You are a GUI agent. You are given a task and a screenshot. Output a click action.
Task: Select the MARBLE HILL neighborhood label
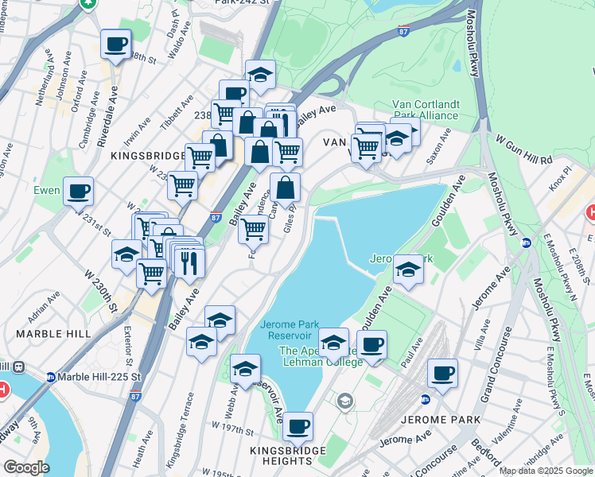pyautogui.click(x=53, y=334)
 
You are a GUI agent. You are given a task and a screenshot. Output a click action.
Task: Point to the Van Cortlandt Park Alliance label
pyautogui.click(x=425, y=110)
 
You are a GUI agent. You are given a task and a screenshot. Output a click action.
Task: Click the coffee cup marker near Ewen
pyautogui.click(x=79, y=192)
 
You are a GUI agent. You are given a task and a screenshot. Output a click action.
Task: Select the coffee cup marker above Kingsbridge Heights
pyautogui.click(x=298, y=427)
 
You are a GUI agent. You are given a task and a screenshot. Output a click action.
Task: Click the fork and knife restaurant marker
pyautogui.click(x=189, y=262)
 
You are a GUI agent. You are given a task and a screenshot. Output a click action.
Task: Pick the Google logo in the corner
pyautogui.click(x=26, y=468)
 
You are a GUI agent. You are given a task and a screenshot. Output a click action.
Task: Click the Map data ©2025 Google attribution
pyautogui.click(x=546, y=471)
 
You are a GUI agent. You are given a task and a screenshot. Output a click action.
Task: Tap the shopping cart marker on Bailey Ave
pyautogui.click(x=253, y=229)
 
